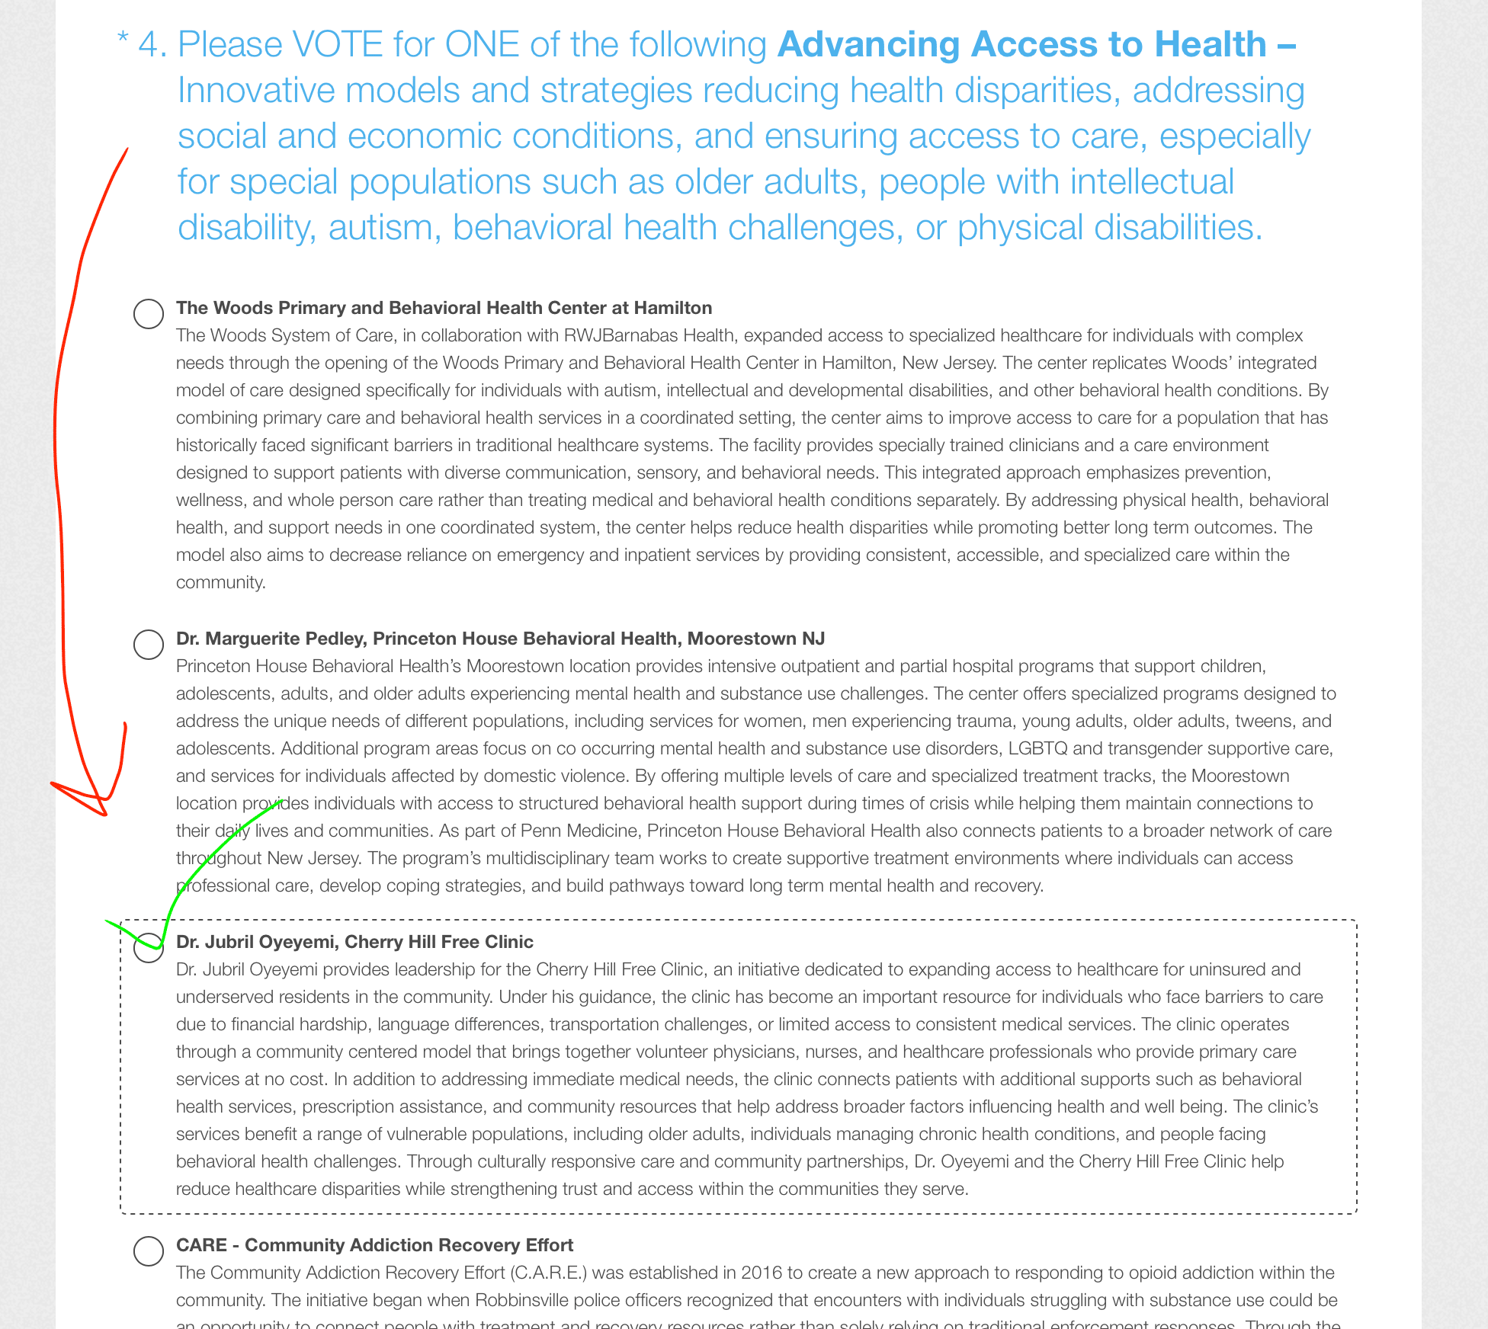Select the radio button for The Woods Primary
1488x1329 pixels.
(149, 313)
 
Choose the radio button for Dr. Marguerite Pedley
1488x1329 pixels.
(149, 644)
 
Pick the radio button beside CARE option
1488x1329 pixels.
(149, 1251)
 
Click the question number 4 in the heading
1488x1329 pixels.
(152, 45)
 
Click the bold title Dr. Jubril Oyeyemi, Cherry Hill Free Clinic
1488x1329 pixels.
(354, 942)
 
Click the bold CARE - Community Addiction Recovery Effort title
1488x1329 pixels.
(374, 1245)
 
